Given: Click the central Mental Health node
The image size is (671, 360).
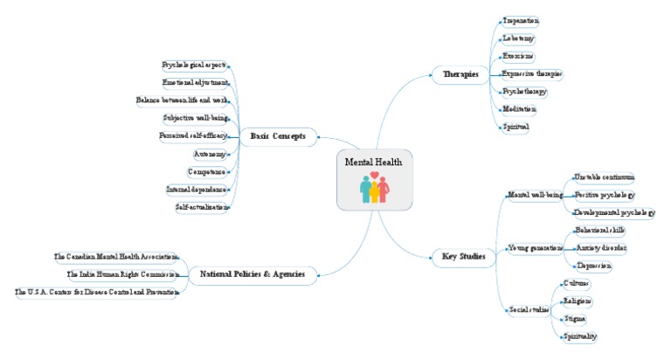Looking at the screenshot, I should coord(374,163).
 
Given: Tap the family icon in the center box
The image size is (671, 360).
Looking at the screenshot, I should coord(374,189).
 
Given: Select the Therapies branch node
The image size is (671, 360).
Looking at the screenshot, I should coord(460,75).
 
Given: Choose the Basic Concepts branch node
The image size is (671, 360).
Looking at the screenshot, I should coord(278,136).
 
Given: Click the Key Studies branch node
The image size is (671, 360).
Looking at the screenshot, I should coord(463,256).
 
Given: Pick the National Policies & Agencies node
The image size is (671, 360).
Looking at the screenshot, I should coord(253,274).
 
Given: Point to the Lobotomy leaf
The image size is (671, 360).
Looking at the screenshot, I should coord(519,38).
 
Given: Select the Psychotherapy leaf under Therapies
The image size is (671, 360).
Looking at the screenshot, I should coord(525,91).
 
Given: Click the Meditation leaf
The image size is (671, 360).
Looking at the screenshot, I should coord(520,108).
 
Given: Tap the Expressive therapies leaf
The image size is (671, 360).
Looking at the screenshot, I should coord(532,73).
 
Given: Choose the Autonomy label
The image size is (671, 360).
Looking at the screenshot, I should coord(211,154).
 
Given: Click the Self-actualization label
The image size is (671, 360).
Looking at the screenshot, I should coord(202,207).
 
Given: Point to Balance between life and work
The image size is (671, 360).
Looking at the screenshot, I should coord(183,100).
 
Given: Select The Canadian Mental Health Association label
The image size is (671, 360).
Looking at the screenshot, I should coord(116,257).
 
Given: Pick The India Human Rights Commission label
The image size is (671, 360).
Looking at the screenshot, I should coord(123,274).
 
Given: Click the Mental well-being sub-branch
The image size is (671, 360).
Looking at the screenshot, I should coord(535,194).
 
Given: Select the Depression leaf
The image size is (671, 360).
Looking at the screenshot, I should coord(594,265).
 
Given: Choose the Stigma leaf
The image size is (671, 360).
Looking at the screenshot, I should coord(576,319).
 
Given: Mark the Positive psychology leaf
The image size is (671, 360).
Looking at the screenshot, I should coord(604,194).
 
